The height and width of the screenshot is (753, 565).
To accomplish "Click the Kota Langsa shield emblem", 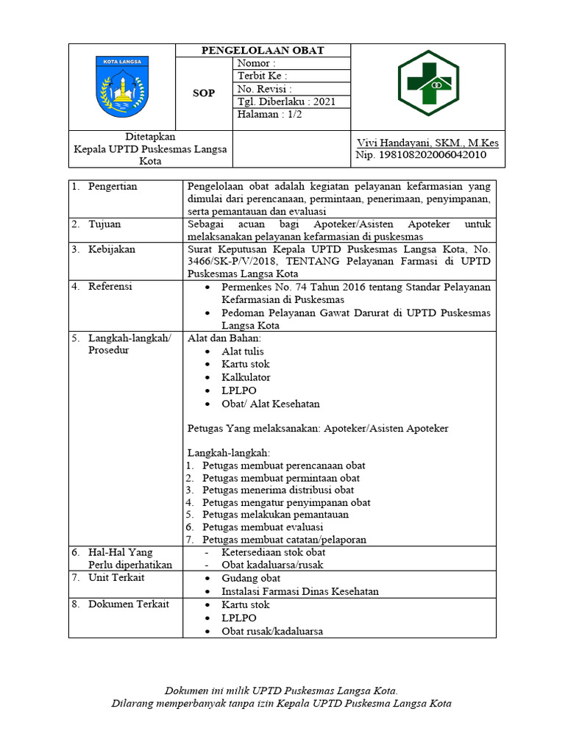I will [122, 87].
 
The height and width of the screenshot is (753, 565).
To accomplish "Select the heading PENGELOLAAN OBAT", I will [263, 51].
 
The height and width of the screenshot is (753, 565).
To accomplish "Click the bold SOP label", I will [204, 93].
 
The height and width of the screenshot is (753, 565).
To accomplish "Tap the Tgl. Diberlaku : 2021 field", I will [285, 101].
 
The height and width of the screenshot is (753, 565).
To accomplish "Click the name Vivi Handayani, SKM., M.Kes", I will [427, 143].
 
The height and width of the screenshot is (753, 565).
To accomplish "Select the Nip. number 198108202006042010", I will [420, 155].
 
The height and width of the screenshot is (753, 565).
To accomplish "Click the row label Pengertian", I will [113, 187].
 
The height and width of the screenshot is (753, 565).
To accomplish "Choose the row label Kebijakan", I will [112, 249].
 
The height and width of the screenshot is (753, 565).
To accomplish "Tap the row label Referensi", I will [110, 287].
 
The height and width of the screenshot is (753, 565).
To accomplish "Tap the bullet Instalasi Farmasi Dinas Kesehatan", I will [300, 591].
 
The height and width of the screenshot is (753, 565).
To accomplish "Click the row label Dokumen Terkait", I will [128, 604].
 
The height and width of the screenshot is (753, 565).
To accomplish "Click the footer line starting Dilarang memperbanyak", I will [281, 704].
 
